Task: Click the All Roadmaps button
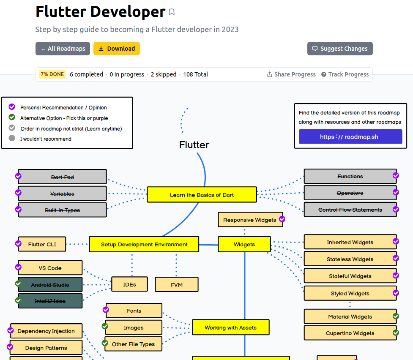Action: pyautogui.click(x=63, y=49)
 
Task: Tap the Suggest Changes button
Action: pyautogui.click(x=340, y=49)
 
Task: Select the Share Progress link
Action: pyautogui.click(x=291, y=74)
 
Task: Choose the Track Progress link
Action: pyautogui.click(x=345, y=74)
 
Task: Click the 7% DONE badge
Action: pyautogui.click(x=52, y=74)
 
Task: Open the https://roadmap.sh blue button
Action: pyautogui.click(x=350, y=136)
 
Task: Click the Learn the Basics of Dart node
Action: pyautogui.click(x=202, y=195)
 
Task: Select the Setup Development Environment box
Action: pyautogui.click(x=144, y=244)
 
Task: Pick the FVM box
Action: pyautogui.click(x=177, y=285)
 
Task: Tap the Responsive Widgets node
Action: pyautogui.click(x=249, y=220)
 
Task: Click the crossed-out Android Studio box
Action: pyautogui.click(x=50, y=285)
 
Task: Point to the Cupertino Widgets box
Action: pyautogui.click(x=350, y=333)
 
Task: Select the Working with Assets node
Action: pyautogui.click(x=230, y=327)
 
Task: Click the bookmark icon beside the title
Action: pyautogui.click(x=172, y=12)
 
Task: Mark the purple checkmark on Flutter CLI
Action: pyautogui.click(x=18, y=243)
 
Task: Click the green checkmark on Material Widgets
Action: pyautogui.click(x=396, y=316)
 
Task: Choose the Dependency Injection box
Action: pyautogui.click(x=46, y=331)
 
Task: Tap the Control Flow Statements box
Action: pyautogui.click(x=350, y=210)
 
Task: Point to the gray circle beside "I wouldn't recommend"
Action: pyautogui.click(x=12, y=138)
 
